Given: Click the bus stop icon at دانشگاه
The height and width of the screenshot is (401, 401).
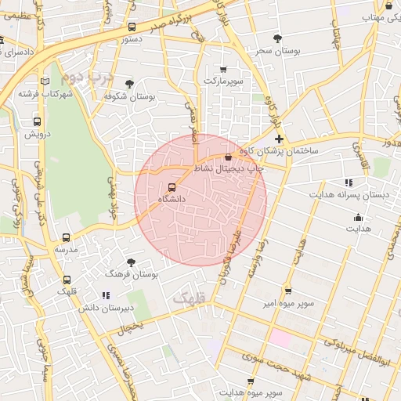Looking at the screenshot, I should pos(172,186).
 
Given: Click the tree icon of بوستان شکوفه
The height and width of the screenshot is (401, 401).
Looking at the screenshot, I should pos(129,84).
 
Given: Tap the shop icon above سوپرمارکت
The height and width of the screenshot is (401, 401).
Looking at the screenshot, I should pos(224,69).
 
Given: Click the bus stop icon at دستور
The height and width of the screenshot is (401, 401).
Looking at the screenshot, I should pos(131,27).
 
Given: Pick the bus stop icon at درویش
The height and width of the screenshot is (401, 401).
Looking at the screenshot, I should pos(37,121).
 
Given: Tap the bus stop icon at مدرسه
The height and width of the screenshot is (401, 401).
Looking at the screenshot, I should pos(66,237).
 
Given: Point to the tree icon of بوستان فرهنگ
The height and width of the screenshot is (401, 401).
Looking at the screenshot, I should pos(131,262).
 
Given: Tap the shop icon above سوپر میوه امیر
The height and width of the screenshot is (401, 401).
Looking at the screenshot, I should pos(288,290).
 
